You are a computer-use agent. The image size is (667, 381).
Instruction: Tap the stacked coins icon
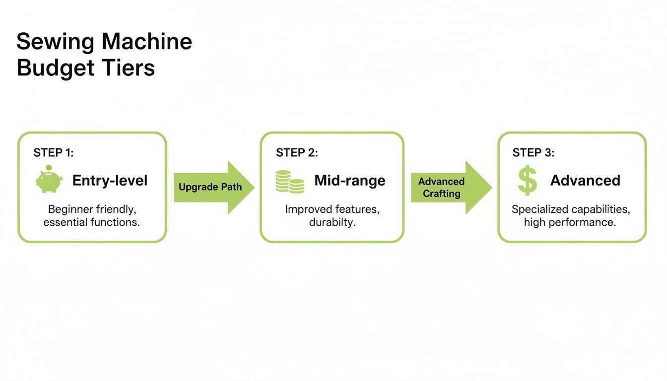290,182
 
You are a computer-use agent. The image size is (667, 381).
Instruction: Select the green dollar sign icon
527,180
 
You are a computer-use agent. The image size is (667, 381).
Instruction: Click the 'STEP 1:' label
53,153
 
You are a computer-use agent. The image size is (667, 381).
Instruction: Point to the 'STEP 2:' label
297,153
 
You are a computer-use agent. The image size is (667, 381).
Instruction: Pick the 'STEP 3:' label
534,153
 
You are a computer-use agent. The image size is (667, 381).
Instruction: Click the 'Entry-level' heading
110,180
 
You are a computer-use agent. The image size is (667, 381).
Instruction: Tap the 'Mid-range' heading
350,181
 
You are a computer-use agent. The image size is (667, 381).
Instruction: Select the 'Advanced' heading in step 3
585,180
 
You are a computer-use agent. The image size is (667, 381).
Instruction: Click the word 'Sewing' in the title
55,42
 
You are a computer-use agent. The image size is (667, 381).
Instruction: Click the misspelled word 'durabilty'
332,222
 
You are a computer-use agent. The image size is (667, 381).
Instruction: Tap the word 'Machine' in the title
147,42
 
